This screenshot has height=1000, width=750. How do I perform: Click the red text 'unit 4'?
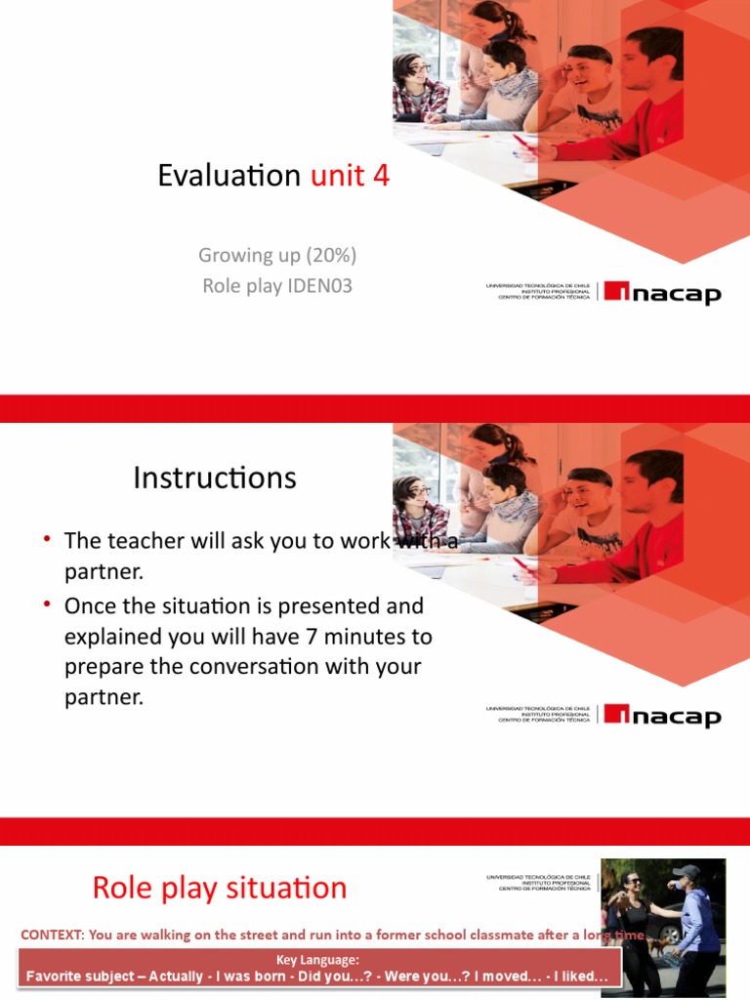[350, 176]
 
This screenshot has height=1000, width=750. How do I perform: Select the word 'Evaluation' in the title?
[229, 176]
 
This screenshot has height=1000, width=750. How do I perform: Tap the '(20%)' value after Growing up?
[331, 255]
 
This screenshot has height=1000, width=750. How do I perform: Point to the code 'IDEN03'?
[318, 286]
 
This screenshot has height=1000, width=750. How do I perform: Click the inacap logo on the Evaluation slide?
[661, 292]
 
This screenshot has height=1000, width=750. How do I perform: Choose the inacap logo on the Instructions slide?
[661, 716]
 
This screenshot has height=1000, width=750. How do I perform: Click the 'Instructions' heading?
[214, 479]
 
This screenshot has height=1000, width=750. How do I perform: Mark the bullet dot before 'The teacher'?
[46, 539]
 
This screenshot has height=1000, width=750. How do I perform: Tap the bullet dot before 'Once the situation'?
[46, 605]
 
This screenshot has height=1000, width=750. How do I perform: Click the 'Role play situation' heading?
[219, 888]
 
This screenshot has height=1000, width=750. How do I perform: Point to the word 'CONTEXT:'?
[52, 935]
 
